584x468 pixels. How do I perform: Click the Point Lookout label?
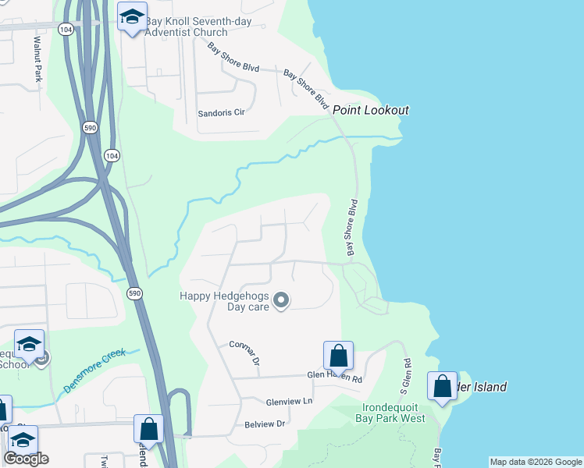[371, 110]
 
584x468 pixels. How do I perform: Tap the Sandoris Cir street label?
[222, 112]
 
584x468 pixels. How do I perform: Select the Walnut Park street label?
[37, 58]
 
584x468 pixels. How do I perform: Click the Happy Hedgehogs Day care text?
[225, 301]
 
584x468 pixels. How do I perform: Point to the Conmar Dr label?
[244, 353]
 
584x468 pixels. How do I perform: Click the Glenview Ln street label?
[289, 401]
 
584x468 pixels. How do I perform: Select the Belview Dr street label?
[265, 424]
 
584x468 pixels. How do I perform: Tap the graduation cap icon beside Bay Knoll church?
[132, 16]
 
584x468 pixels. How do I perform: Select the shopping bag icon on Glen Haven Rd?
[339, 356]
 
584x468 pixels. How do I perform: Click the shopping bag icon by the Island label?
[442, 386]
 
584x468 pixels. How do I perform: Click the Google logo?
[26, 459]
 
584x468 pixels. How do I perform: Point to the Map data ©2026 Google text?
[536, 462]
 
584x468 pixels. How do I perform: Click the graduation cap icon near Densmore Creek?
[30, 344]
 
